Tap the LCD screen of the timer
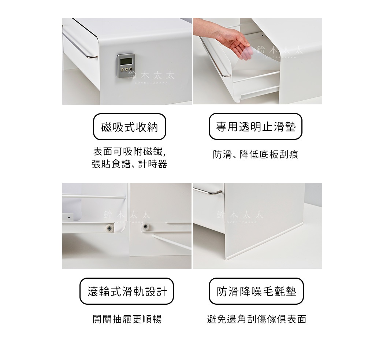pyautogui.click(x=126, y=60)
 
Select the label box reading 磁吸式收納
pyautogui.click(x=129, y=127)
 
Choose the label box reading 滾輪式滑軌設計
pyautogui.click(x=126, y=291)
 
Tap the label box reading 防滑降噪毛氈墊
pyautogui.click(x=256, y=291)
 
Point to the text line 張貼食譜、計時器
pyautogui.click(x=129, y=164)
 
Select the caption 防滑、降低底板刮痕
pyautogui.click(x=256, y=155)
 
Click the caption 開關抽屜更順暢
pyautogui.click(x=127, y=319)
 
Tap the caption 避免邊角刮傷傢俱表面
pyautogui.click(x=256, y=319)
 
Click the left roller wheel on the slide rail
pyautogui.click(x=109, y=228)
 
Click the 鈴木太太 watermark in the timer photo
pyautogui.click(x=151, y=76)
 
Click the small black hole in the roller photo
pyautogui.click(x=68, y=217)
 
